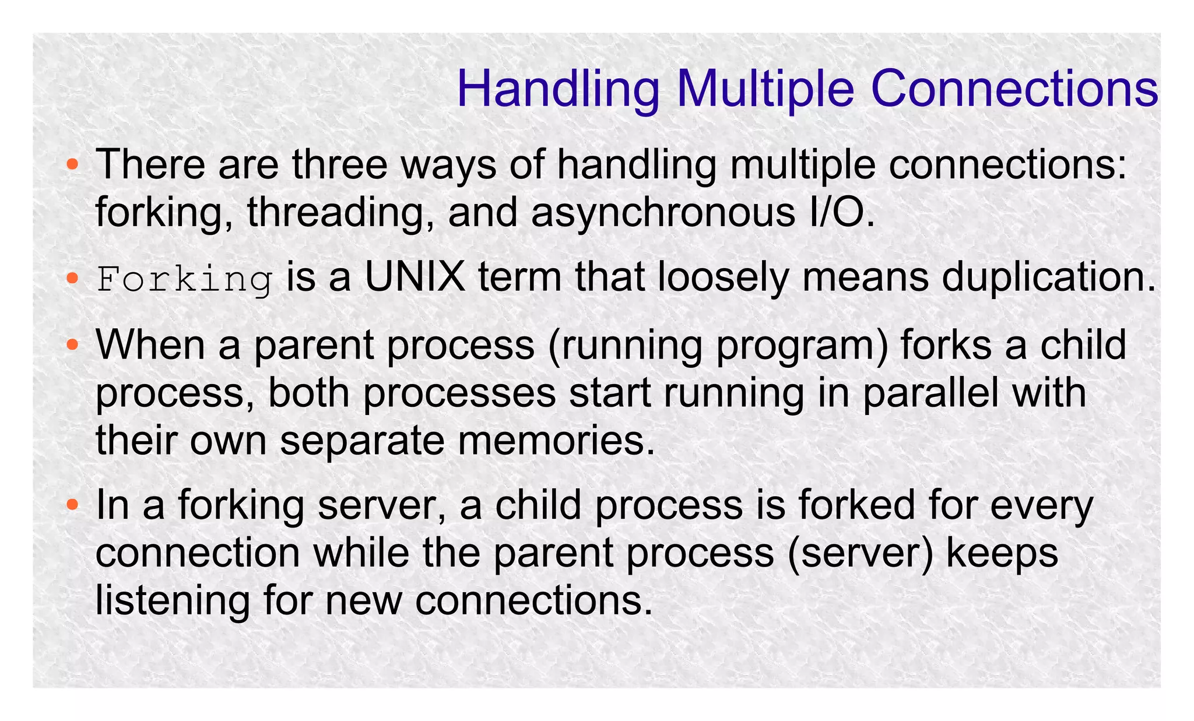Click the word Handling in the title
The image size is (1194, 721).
pyautogui.click(x=558, y=89)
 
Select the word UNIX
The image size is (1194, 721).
pyautogui.click(x=415, y=277)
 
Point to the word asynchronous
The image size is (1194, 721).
pyautogui.click(x=663, y=212)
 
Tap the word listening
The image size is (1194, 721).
pyautogui.click(x=173, y=600)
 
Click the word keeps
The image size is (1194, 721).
pyautogui.click(x=1002, y=553)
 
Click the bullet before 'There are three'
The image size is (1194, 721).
pyautogui.click(x=72, y=165)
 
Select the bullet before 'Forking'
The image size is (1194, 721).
pyautogui.click(x=72, y=278)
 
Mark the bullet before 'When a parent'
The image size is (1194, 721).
pyautogui.click(x=72, y=345)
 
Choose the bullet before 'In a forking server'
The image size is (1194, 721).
pyautogui.click(x=72, y=505)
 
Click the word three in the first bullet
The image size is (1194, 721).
pyautogui.click(x=340, y=164)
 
